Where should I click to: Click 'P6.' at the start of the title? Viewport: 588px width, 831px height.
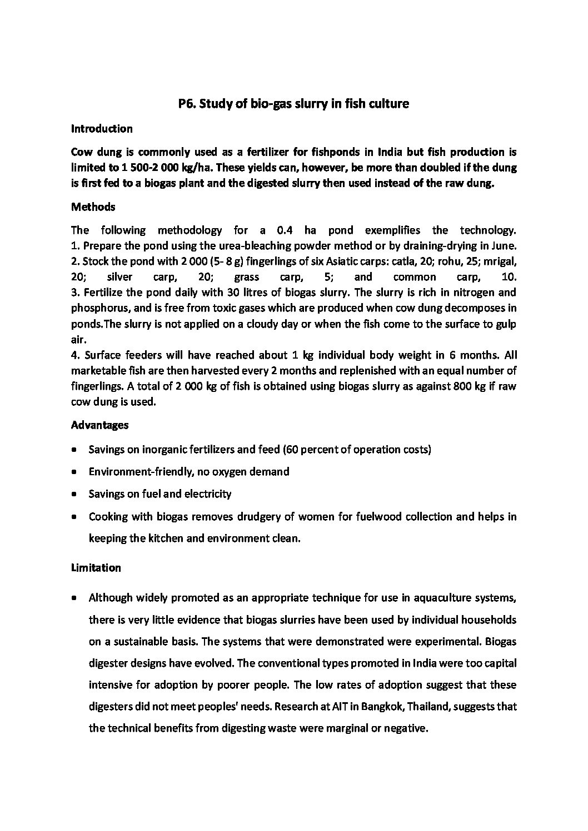pyautogui.click(x=187, y=104)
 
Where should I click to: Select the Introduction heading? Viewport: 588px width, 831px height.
pyautogui.click(x=102, y=129)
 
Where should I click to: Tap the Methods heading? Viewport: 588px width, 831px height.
pyautogui.click(x=93, y=207)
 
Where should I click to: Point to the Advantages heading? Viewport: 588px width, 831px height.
pyautogui.click(x=99, y=425)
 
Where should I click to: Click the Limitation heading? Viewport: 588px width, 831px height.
pyautogui.click(x=96, y=568)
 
